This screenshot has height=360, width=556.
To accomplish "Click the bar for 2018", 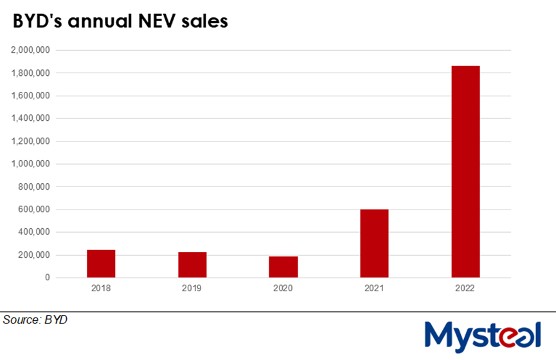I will (x=101, y=264).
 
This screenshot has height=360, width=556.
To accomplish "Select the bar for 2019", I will (x=192, y=265).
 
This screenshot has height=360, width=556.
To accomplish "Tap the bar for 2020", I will (x=283, y=267).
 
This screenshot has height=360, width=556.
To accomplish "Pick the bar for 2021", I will (x=374, y=244).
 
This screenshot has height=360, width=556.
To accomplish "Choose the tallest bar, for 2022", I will (x=465, y=172).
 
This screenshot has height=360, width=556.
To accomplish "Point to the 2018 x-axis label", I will (x=101, y=289).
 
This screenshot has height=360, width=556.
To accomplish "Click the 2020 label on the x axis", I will (x=283, y=289).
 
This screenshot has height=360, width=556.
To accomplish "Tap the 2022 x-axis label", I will (x=465, y=289).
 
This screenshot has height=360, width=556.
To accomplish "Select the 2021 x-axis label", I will (x=374, y=289).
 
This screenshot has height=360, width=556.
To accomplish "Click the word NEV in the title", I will (x=161, y=21).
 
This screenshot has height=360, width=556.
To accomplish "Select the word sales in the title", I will (x=206, y=21).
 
